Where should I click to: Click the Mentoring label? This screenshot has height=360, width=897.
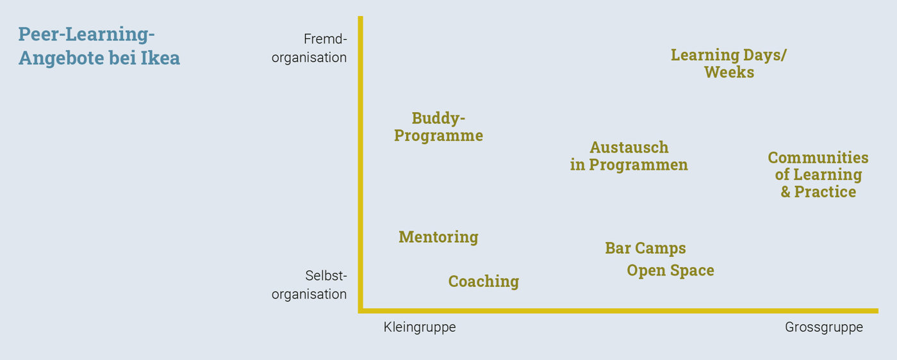pyautogui.click(x=438, y=237)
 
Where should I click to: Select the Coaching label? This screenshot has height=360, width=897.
pyautogui.click(x=483, y=281)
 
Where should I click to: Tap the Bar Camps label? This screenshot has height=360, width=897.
pyautogui.click(x=645, y=249)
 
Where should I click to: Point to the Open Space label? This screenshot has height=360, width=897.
pyautogui.click(x=670, y=271)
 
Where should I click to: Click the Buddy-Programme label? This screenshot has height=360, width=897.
pyautogui.click(x=438, y=127)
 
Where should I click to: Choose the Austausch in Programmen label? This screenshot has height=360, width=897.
pyautogui.click(x=629, y=156)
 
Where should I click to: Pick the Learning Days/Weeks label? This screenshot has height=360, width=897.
pyautogui.click(x=729, y=63)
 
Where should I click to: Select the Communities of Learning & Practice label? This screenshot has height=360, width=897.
pyautogui.click(x=818, y=175)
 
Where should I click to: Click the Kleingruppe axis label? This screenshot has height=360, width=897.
pyautogui.click(x=420, y=327)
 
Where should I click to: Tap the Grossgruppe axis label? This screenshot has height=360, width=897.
pyautogui.click(x=824, y=327)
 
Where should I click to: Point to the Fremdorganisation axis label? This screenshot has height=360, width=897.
pyautogui.click(x=309, y=49)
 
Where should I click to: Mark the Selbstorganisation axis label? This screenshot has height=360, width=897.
pyautogui.click(x=309, y=285)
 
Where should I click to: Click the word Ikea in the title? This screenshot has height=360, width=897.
pyautogui.click(x=160, y=58)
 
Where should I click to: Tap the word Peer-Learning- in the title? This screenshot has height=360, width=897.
pyautogui.click(x=86, y=35)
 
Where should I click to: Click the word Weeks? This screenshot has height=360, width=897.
pyautogui.click(x=729, y=72)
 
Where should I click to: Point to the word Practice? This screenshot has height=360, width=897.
pyautogui.click(x=825, y=192)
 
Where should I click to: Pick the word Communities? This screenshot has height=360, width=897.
pyautogui.click(x=818, y=158)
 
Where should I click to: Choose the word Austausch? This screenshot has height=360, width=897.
pyautogui.click(x=629, y=147)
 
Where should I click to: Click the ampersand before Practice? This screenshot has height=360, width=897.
pyautogui.click(x=786, y=192)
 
